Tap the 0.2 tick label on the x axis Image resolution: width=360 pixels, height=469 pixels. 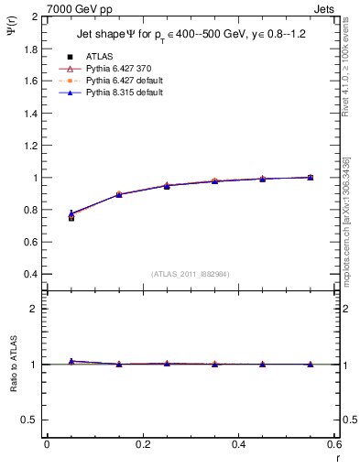click(x=143, y=444)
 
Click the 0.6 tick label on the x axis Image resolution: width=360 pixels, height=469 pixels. click(x=333, y=444)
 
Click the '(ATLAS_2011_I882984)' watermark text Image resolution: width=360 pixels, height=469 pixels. click(x=191, y=273)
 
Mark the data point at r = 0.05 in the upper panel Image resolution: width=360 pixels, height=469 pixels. click(x=71, y=216)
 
